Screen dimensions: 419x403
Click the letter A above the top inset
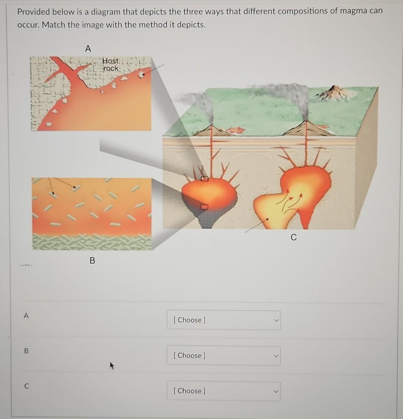click(x=88, y=49)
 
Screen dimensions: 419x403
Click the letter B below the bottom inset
click(x=93, y=261)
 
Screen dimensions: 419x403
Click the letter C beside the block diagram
click(x=294, y=238)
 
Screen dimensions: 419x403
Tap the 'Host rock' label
click(x=111, y=65)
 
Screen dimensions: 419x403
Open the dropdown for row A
click(x=224, y=320)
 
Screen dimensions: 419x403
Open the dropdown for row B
click(x=224, y=356)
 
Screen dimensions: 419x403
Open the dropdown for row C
click(x=224, y=391)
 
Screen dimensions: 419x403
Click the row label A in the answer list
click(x=26, y=316)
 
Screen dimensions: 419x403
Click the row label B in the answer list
click(x=26, y=351)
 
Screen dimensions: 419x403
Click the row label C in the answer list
click(x=26, y=387)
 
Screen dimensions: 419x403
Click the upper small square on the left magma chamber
click(x=204, y=179)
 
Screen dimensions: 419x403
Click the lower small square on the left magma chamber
click(x=204, y=207)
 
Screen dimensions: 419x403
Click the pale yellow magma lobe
click(x=272, y=211)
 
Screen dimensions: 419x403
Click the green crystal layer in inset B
click(x=92, y=242)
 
